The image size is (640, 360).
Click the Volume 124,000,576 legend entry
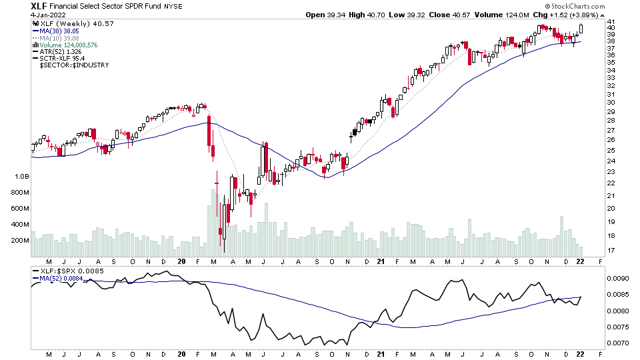coord(69,45)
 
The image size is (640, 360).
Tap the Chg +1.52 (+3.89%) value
coord(577,15)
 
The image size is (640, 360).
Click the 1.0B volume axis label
coord(21,177)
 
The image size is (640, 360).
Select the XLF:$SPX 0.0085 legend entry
coord(67,271)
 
